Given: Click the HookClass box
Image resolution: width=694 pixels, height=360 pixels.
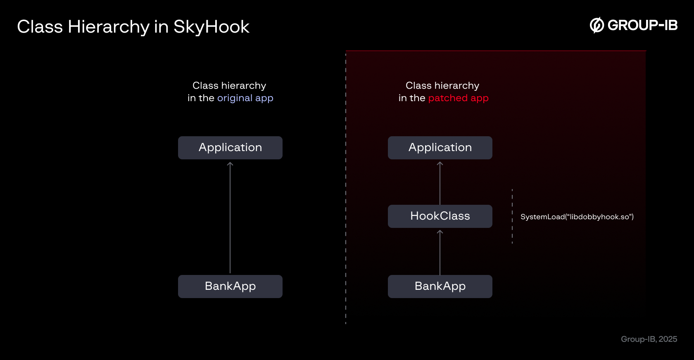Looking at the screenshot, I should tap(440, 216).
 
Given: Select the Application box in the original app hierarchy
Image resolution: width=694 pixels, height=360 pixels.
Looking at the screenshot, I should tap(230, 148).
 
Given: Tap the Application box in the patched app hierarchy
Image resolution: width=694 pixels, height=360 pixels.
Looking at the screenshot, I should tap(440, 148).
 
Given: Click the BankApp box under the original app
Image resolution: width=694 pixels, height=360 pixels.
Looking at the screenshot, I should tap(230, 287).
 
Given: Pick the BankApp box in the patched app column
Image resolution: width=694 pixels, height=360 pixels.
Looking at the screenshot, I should tap(440, 287).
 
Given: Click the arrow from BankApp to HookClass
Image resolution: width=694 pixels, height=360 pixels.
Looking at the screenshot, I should tap(440, 252).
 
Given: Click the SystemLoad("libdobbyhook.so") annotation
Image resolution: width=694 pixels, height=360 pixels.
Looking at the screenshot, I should tap(577, 217).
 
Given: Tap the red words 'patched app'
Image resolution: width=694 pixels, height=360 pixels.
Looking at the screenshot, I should tap(458, 98).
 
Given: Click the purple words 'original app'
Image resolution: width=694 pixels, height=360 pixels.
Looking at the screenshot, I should tap(245, 98).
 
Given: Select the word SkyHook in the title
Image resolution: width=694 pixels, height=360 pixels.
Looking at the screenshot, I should tap(211, 27).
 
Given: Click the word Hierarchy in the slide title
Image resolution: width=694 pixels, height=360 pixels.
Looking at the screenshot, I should tap(109, 27).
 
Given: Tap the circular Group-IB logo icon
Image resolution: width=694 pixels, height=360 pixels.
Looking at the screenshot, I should tap(597, 25).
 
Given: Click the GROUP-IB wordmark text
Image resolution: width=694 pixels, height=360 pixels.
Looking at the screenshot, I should tap(642, 25).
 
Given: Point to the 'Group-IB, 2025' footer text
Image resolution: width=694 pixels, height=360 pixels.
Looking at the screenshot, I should tap(649, 339).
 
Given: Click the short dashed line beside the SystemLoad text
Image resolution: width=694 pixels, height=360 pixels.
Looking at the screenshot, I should tap(512, 216).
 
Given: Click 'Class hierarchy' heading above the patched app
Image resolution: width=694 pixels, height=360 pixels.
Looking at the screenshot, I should tap(442, 85).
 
